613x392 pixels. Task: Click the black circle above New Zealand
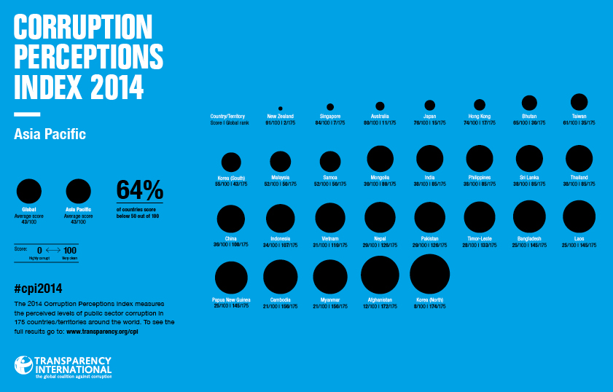click(x=281, y=108)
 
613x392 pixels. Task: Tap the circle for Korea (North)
click(x=429, y=274)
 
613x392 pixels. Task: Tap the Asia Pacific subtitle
click(x=50, y=135)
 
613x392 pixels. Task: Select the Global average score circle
click(x=29, y=191)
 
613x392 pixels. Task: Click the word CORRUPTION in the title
click(x=83, y=28)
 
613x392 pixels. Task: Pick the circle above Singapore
click(x=330, y=107)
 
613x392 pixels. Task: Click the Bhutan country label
click(x=529, y=117)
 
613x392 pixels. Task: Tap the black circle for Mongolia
click(x=380, y=158)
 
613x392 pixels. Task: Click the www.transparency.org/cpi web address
click(x=103, y=332)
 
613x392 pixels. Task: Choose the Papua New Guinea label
click(x=231, y=299)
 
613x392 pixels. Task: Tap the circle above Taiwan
click(x=579, y=102)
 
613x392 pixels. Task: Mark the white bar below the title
click(x=27, y=114)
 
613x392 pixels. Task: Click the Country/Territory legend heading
click(x=227, y=117)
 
